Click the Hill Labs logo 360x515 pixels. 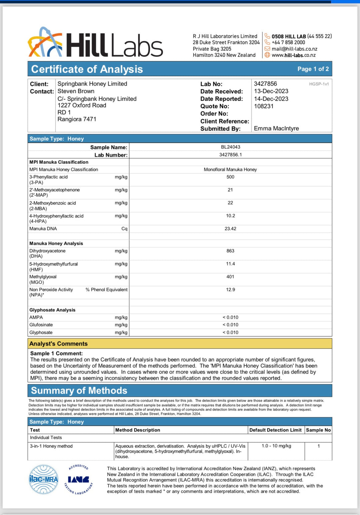point(95,43)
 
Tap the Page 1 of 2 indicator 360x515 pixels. point(313,69)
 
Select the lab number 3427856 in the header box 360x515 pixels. point(265,84)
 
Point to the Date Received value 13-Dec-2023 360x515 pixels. point(271,91)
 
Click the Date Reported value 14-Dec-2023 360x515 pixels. point(271,99)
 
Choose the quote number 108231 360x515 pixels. point(264,106)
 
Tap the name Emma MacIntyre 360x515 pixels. point(276,128)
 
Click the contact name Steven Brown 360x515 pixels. point(76,91)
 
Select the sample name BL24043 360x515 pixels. point(230,147)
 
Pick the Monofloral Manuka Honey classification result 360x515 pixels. point(230,169)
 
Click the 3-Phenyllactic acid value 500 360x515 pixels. point(230,177)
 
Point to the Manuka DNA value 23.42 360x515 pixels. point(230,229)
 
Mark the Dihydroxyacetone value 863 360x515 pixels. point(230,251)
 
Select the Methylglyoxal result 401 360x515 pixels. point(230,277)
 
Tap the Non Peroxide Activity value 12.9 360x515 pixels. point(230,290)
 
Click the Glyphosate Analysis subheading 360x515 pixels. point(52,310)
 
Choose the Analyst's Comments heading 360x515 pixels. point(58,344)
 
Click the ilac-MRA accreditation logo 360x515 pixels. point(43,479)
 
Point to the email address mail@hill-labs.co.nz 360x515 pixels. point(294,49)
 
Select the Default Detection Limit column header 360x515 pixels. point(275,430)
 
